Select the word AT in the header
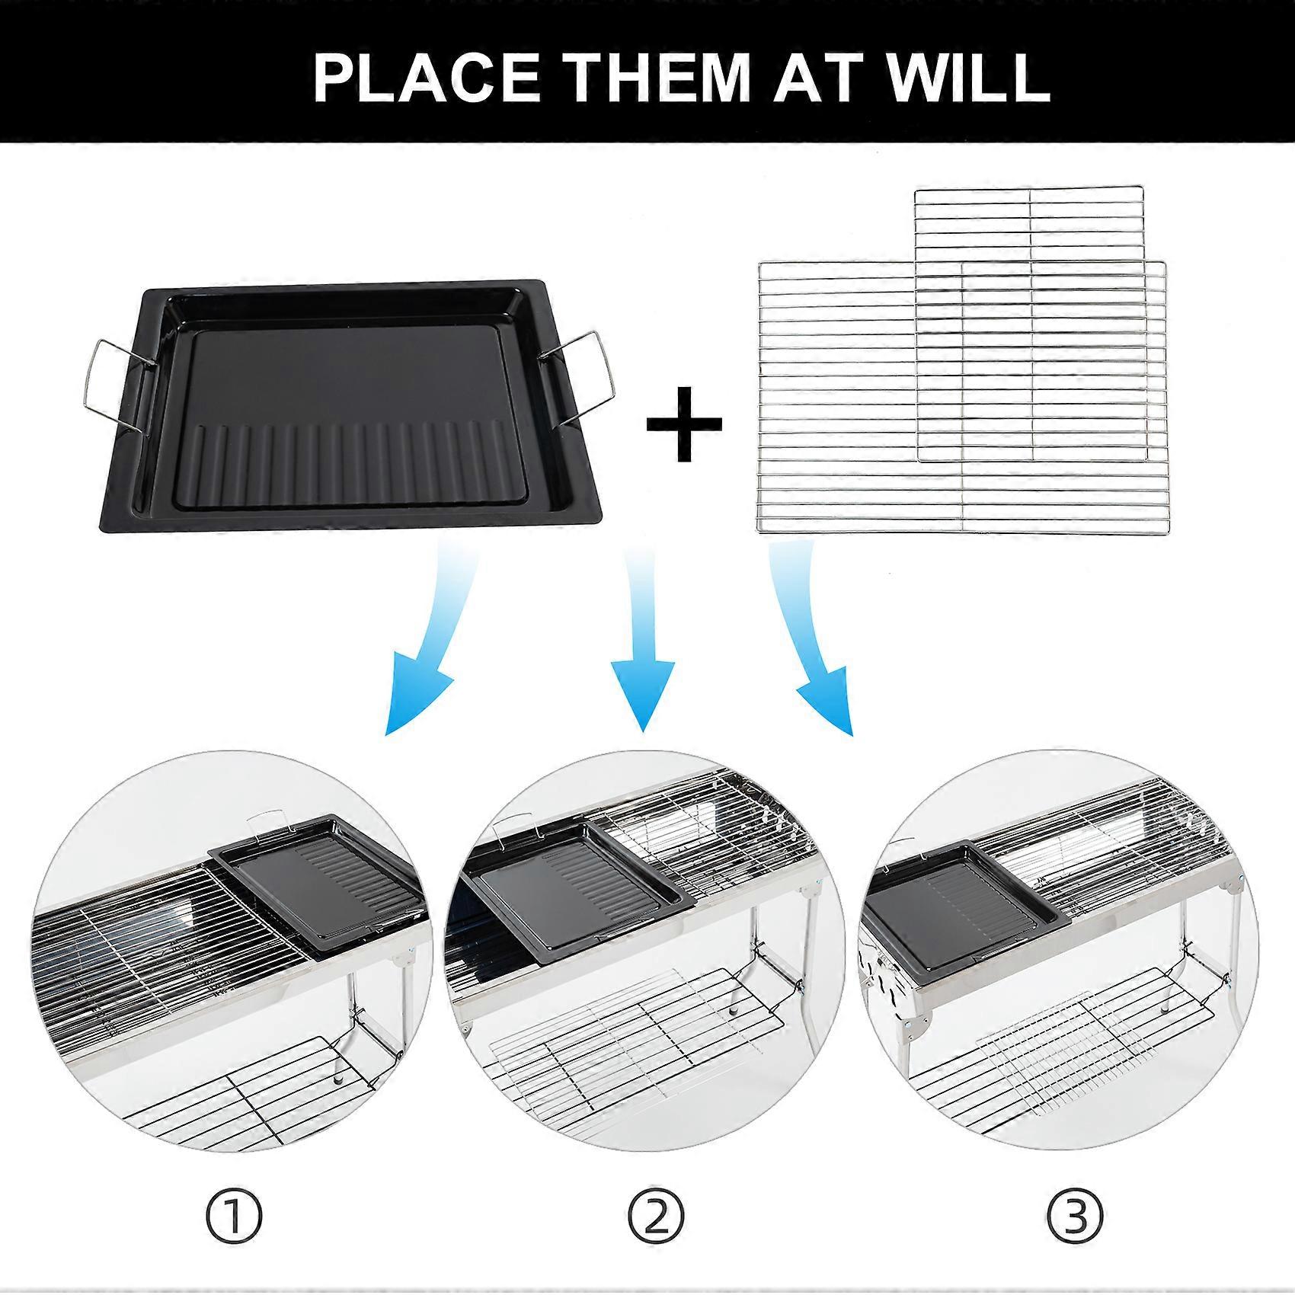point(823,76)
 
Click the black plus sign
point(683,424)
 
